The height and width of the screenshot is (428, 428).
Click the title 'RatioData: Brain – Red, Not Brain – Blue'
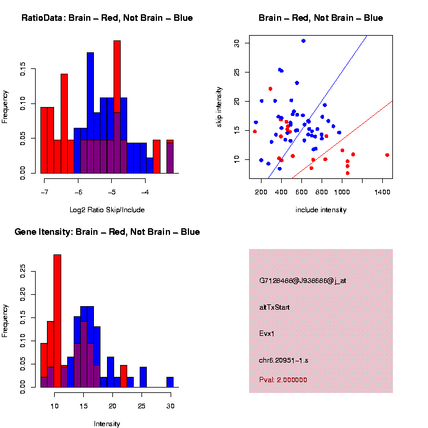pos(107,18)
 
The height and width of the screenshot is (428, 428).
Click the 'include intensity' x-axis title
pos(321,210)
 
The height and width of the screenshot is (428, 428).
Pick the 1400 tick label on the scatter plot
pos(382,193)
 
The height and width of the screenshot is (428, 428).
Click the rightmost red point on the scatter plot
pos(387,155)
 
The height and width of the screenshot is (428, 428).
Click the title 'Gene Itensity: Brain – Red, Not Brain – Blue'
pos(107,232)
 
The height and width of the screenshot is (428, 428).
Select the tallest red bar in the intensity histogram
pos(58,321)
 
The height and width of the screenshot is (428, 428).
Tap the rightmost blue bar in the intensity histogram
pos(170,382)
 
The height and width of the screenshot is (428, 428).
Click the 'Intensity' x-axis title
pos(107,424)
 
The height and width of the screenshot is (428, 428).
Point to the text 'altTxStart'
pos(275,307)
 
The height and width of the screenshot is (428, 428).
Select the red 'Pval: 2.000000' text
pos(283,379)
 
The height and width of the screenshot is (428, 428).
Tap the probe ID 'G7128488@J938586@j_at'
pos(303,281)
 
